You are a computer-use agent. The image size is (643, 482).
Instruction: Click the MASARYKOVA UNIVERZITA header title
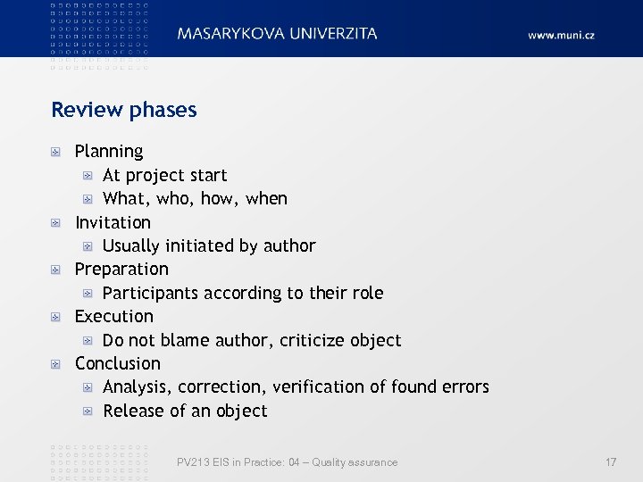tap(277, 34)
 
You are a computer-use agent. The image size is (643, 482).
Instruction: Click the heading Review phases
tap(123, 110)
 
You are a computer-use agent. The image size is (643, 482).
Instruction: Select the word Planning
tap(109, 152)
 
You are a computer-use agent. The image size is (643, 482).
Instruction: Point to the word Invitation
tap(113, 222)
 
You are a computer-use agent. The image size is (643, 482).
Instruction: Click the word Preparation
tap(121, 269)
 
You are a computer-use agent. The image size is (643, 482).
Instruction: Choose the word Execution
tap(114, 316)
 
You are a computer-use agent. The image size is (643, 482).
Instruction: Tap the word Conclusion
tap(118, 363)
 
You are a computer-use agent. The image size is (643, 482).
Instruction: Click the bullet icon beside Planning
tap(55, 153)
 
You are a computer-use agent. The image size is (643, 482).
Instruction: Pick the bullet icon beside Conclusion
tap(55, 364)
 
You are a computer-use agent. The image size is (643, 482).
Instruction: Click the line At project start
tap(165, 175)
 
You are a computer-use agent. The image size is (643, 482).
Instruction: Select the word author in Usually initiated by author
tap(289, 245)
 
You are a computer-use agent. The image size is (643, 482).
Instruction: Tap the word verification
tap(317, 386)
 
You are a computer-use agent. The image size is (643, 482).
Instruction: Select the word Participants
tap(150, 293)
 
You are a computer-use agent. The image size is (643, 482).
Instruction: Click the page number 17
tap(611, 462)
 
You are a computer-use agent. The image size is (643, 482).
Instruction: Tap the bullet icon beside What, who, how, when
tap(88, 199)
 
